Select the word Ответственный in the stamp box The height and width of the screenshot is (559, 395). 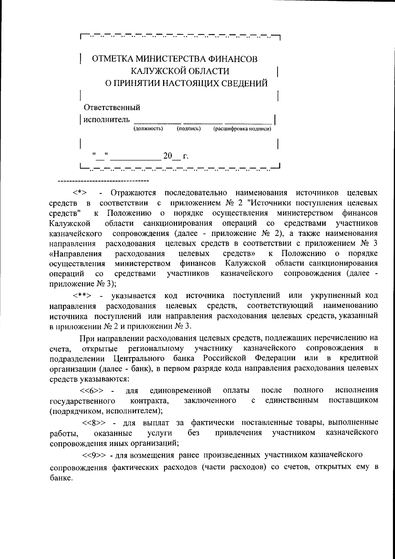(112, 108)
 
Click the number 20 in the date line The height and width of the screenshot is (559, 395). (168, 156)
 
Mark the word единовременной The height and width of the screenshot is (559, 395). (180, 391)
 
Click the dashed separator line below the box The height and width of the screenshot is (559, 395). (103, 181)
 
